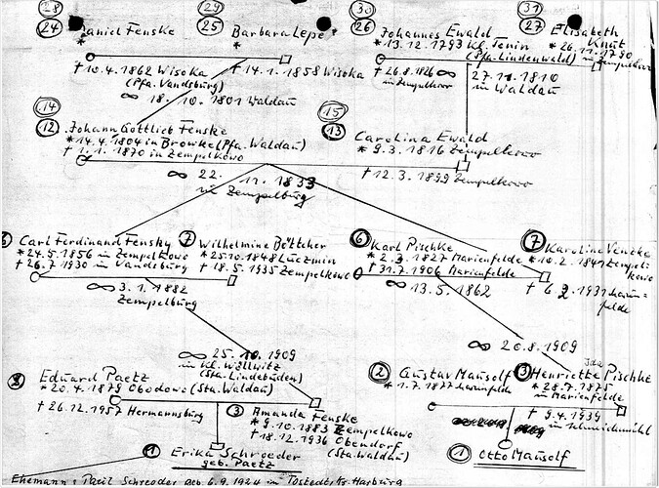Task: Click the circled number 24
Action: tap(50, 28)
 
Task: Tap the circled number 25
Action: tap(208, 28)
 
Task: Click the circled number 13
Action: tap(334, 130)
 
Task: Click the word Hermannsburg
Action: tap(167, 411)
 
